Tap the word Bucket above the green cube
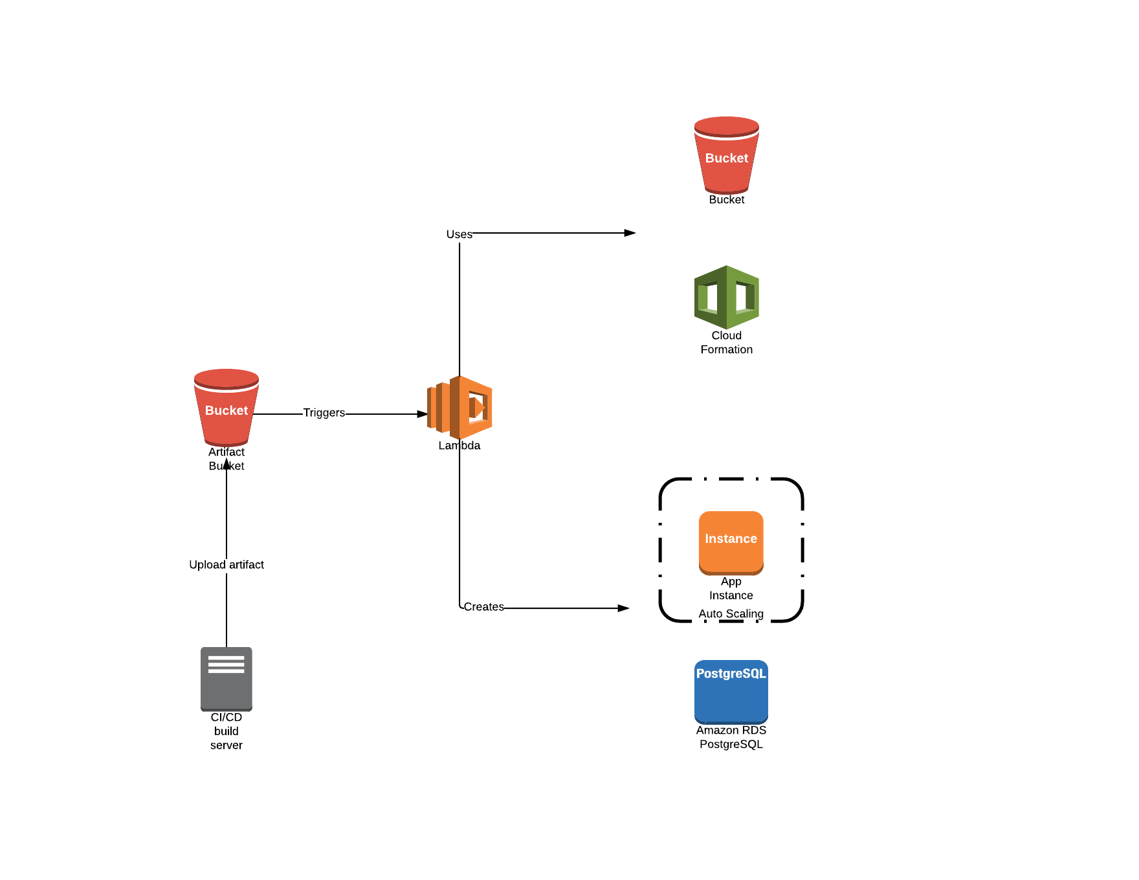727,158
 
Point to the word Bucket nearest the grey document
227,410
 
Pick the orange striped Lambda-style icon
460,408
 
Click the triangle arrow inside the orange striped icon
479,408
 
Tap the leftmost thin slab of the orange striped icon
431,408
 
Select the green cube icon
727,298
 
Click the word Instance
731,538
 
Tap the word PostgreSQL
731,674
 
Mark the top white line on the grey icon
227,658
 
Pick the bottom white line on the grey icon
227,671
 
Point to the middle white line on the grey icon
227,665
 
